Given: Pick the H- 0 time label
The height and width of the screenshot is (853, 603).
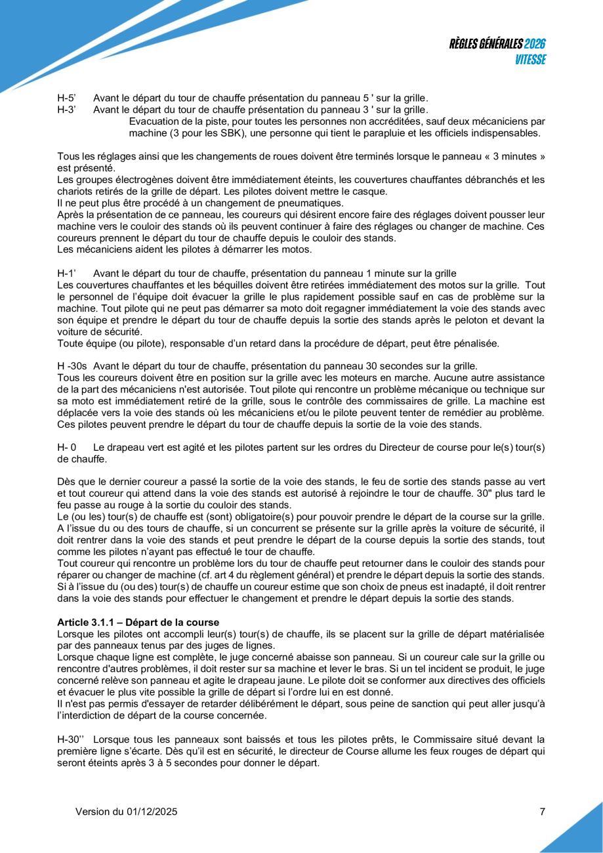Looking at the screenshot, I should tap(67, 447).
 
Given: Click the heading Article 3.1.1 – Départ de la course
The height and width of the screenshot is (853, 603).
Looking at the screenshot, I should tap(138, 622).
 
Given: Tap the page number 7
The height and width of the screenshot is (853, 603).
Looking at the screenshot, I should tap(542, 812).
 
